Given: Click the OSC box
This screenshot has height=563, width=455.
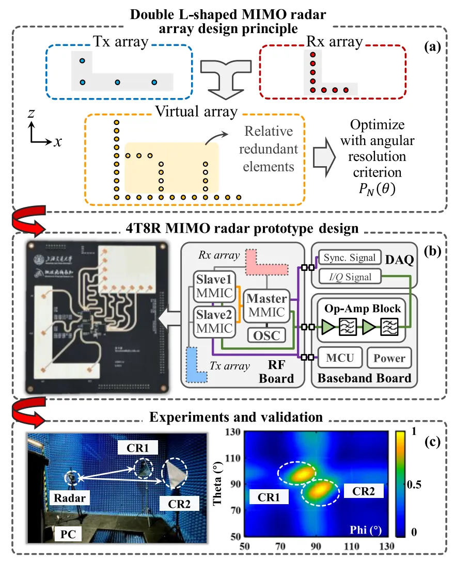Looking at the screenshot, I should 266,335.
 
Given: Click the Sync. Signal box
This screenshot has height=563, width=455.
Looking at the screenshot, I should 349,258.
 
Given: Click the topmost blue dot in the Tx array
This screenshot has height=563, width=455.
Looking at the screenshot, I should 82,61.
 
